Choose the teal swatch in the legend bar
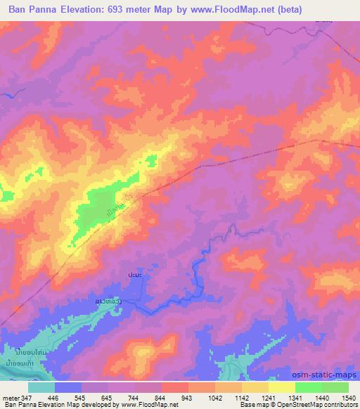[x=41, y=387]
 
